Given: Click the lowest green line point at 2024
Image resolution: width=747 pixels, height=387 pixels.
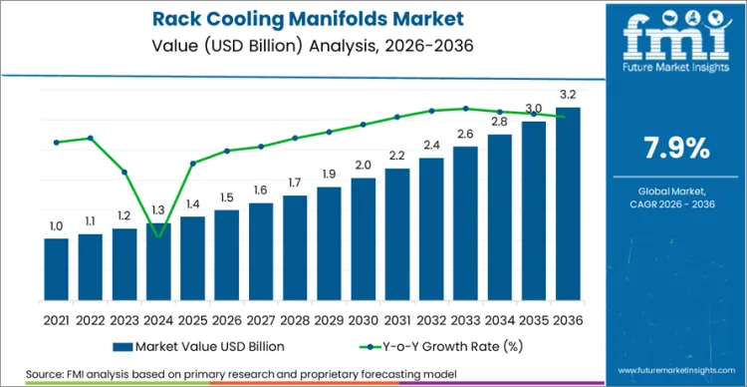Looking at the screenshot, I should [158, 235].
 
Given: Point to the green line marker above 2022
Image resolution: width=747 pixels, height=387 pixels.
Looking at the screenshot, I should [91, 138].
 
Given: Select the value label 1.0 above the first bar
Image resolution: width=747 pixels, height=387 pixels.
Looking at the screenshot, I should [56, 226].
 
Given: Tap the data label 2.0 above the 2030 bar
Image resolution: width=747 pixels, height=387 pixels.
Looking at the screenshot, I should [363, 166].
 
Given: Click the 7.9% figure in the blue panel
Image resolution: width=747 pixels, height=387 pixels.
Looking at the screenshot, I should [677, 149].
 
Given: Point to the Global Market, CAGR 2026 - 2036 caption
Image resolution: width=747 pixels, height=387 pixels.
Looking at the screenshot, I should [677, 197].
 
